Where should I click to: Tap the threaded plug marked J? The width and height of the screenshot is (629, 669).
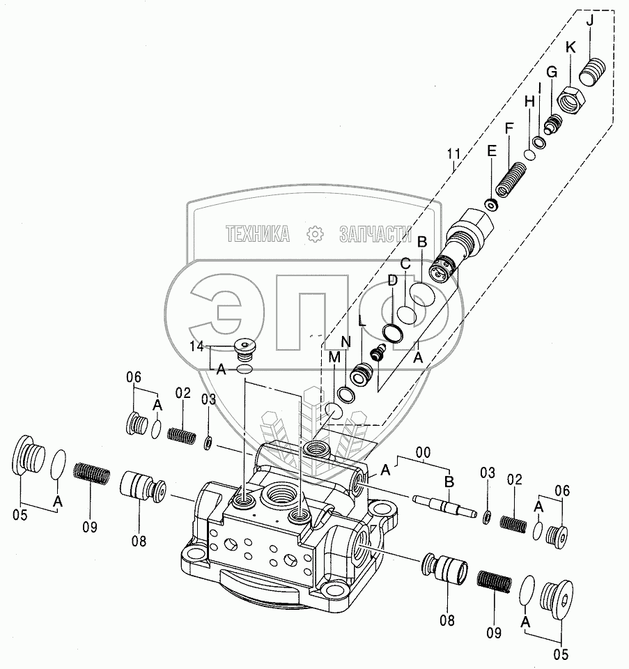[x=591, y=72]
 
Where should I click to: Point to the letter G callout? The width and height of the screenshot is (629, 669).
[x=552, y=72]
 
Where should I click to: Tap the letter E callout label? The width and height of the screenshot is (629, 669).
[x=492, y=151]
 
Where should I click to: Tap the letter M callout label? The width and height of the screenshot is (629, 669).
[x=334, y=357]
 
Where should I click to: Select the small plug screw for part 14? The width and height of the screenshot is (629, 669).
[x=244, y=346]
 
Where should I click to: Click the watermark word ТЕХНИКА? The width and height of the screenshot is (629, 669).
[x=257, y=235]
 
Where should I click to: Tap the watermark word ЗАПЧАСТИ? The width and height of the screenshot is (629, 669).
[x=374, y=235]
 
